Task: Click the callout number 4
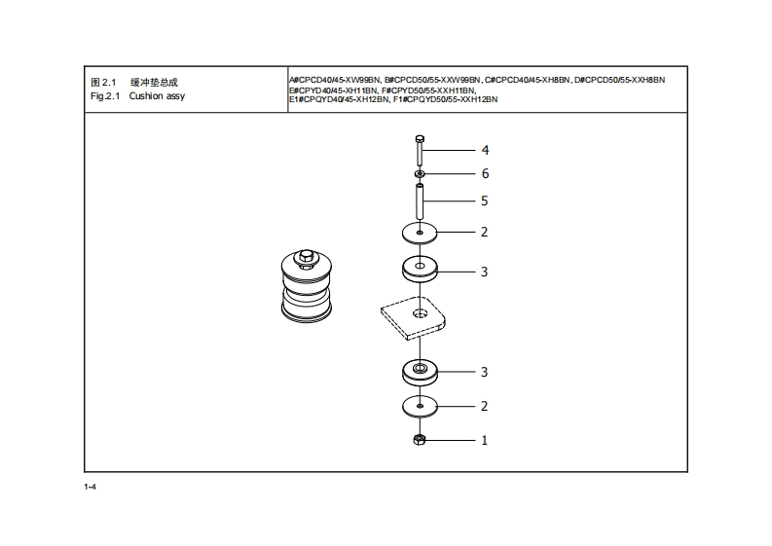click(x=484, y=151)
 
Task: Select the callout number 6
click(x=484, y=174)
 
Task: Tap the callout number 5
click(x=484, y=201)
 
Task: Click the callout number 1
click(x=484, y=441)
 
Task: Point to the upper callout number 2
click(x=484, y=233)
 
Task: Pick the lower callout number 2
click(x=484, y=406)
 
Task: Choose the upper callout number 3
click(x=484, y=272)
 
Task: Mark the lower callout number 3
click(x=484, y=372)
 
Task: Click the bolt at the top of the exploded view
click(x=419, y=151)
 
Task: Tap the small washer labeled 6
click(x=419, y=174)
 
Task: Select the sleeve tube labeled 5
click(x=419, y=201)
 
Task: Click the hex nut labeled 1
click(x=419, y=441)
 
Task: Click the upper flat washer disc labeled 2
click(x=419, y=233)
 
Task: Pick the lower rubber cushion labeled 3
click(x=419, y=372)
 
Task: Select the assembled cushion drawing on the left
click(x=307, y=284)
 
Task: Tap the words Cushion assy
click(x=157, y=97)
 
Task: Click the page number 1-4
click(x=90, y=486)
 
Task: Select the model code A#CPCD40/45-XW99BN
click(x=334, y=79)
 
